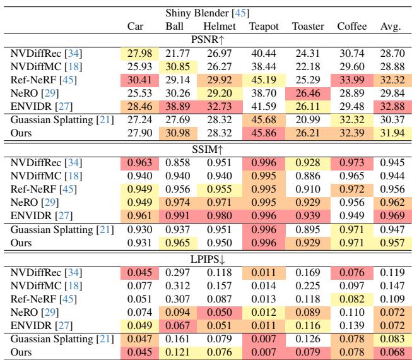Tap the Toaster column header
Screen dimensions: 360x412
coord(308,27)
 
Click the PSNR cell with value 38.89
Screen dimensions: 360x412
coord(175,104)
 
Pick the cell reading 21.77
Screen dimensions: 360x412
coord(175,54)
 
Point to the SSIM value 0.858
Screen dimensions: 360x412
coord(175,163)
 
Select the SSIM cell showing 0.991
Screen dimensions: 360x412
coord(175,212)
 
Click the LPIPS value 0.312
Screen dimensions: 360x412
coord(175,285)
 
